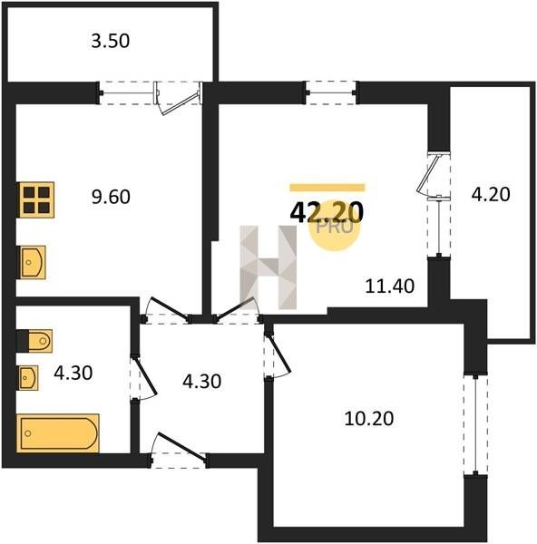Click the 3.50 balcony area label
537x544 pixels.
[x=111, y=41]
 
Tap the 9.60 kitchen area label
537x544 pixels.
[x=111, y=197]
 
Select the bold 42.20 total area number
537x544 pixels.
[x=327, y=212]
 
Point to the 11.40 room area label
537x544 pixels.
[x=390, y=287]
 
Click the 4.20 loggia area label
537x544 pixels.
[x=491, y=194]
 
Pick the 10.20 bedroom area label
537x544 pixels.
[x=369, y=418]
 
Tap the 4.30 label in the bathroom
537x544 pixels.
[x=73, y=374]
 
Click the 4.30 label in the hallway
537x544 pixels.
[x=201, y=382]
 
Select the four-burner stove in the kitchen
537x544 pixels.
[x=37, y=199]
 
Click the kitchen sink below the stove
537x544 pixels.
[x=33, y=262]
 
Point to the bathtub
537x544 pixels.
[x=58, y=433]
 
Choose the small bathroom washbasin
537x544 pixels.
[x=28, y=378]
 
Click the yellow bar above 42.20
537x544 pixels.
[x=327, y=188]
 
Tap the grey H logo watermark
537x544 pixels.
[x=268, y=267]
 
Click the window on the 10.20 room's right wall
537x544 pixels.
[x=475, y=425]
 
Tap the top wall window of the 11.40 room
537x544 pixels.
[x=331, y=92]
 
